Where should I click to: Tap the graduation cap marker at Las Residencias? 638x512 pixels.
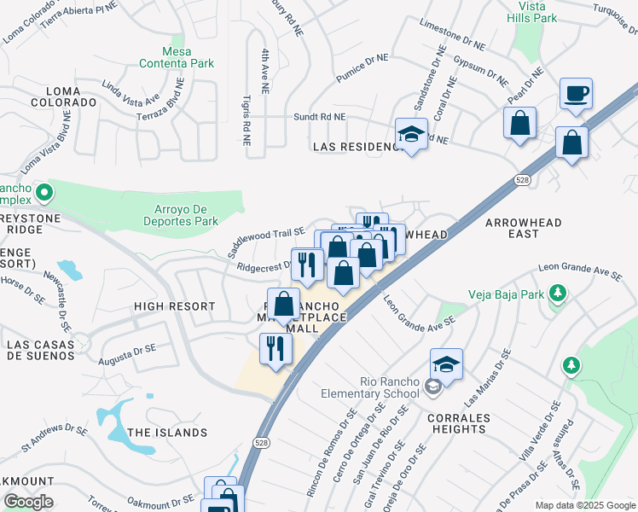pos(411,135)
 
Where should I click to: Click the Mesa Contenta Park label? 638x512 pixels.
pos(177,57)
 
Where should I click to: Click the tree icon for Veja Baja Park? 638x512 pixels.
pos(558,294)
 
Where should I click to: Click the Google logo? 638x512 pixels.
pos(29,502)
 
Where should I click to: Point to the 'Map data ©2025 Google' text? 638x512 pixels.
pos(584,505)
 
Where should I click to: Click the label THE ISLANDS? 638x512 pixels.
pos(166,433)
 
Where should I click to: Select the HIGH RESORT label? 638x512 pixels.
pos(174,306)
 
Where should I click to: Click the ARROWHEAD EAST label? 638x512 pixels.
pos(524,228)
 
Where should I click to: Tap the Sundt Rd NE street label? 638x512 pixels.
pos(320,117)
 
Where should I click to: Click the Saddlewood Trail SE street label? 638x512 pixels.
pos(265,241)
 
